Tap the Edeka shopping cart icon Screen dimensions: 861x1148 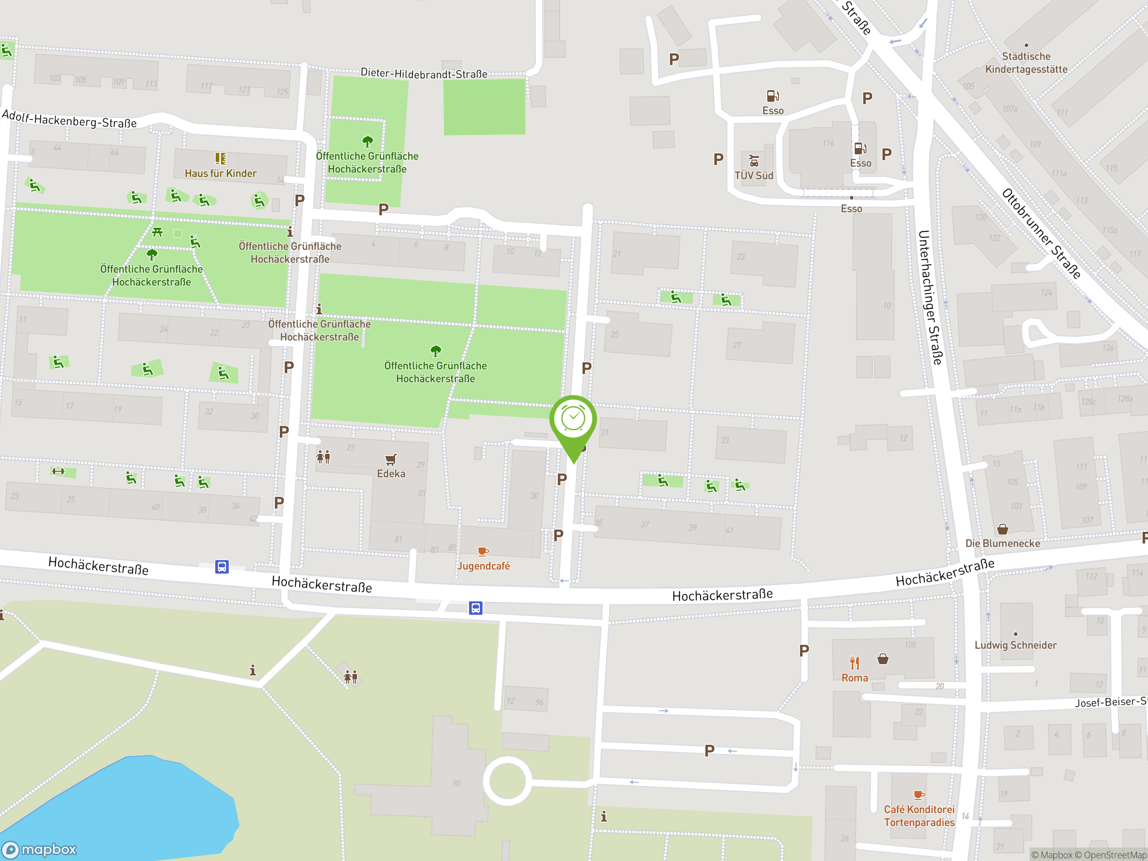click(x=391, y=459)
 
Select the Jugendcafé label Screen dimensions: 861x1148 click(x=483, y=565)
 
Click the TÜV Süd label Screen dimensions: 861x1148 click(x=753, y=175)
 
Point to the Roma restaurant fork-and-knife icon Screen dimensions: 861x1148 click(x=854, y=663)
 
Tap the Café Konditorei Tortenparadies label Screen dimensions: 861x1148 click(x=919, y=815)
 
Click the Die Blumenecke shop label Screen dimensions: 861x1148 click(x=1002, y=543)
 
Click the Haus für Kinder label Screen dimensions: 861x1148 click(x=221, y=174)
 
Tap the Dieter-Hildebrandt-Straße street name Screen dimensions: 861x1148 click(x=424, y=74)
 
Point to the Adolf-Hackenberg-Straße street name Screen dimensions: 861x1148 click(x=70, y=119)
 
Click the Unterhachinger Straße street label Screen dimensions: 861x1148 click(x=930, y=297)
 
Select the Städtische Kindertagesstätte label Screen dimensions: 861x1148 click(x=1026, y=63)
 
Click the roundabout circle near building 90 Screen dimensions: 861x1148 click(x=507, y=781)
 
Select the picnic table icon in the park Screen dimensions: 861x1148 click(x=157, y=232)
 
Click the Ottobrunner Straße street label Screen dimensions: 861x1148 click(x=1040, y=234)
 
